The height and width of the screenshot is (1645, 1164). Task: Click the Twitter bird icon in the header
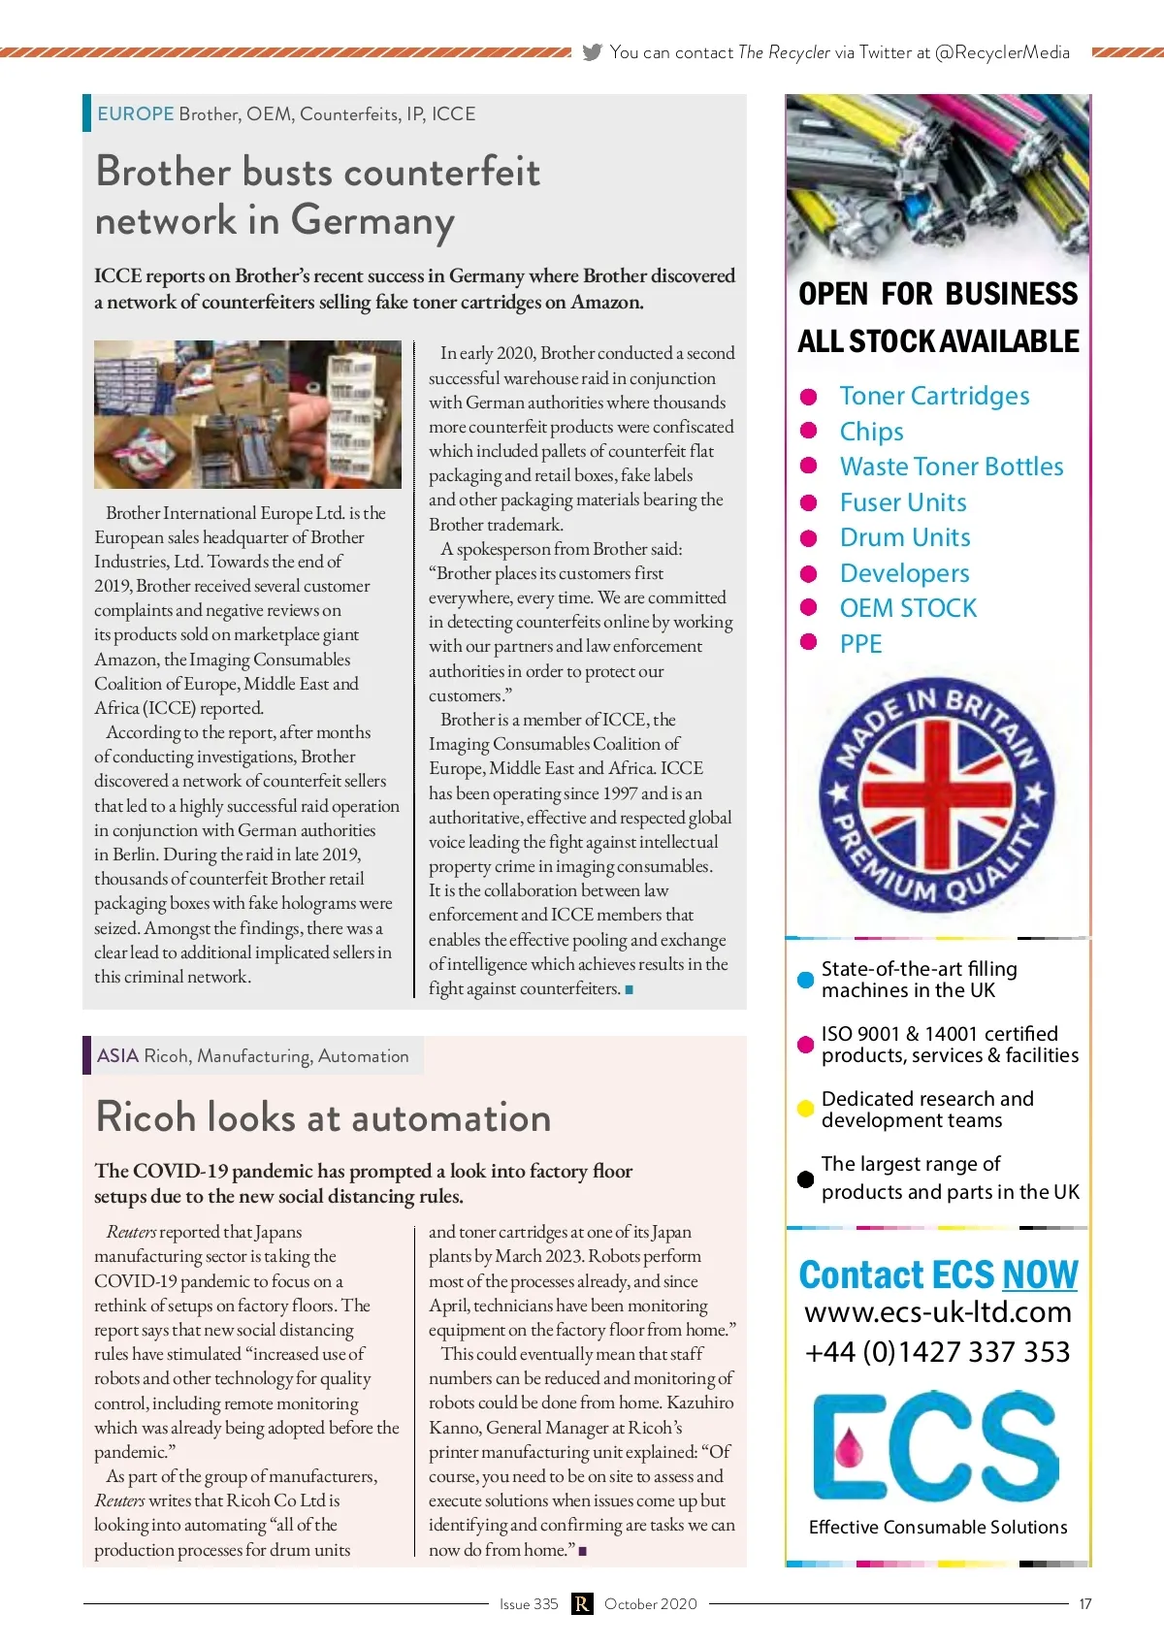[x=592, y=52]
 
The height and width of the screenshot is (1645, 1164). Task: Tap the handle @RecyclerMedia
[x=1002, y=52]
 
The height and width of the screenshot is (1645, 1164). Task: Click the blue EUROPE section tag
[x=135, y=113]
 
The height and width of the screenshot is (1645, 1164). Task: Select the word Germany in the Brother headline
[x=372, y=220]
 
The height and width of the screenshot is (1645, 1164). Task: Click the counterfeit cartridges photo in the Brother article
[x=247, y=414]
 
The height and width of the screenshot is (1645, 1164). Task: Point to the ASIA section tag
[x=117, y=1055]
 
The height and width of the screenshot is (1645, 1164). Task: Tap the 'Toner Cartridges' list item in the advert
[x=934, y=396]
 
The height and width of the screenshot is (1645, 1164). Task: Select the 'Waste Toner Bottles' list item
[x=951, y=467]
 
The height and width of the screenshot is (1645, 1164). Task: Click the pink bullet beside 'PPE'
[x=808, y=643]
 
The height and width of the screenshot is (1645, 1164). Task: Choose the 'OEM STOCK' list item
[x=908, y=608]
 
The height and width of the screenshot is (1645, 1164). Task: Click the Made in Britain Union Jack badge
[x=936, y=793]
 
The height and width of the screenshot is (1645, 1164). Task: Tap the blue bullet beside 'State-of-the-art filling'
[x=805, y=980]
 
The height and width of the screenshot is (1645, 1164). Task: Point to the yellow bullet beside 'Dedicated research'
[x=805, y=1109]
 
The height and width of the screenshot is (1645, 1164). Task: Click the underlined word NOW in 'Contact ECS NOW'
[x=1040, y=1274]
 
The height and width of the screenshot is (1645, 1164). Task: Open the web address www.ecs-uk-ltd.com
[x=938, y=1312]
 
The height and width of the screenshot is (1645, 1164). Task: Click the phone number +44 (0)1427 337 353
[x=937, y=1351]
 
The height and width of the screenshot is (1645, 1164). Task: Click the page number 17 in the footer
[x=1085, y=1604]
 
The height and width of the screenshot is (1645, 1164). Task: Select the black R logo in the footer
[x=581, y=1604]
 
